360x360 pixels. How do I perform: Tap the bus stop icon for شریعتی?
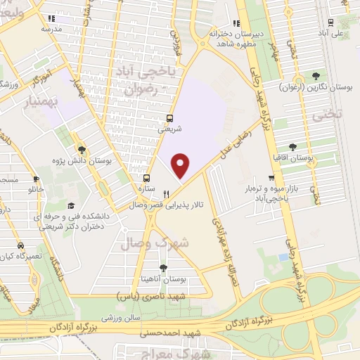click(x=169, y=118)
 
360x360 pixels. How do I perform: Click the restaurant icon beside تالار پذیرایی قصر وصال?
click(x=166, y=194)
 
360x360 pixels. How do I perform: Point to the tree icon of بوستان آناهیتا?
click(x=163, y=268)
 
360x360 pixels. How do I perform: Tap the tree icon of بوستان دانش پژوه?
click(x=82, y=150)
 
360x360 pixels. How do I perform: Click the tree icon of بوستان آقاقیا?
click(x=292, y=147)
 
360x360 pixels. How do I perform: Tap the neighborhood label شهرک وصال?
click(x=155, y=243)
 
